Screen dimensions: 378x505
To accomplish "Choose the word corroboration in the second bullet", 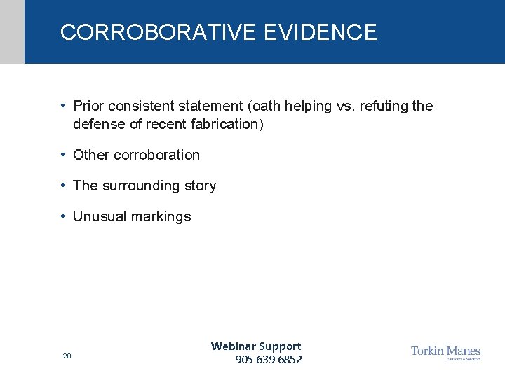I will pos(156,155).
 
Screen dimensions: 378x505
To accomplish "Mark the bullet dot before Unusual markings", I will pos(63,216).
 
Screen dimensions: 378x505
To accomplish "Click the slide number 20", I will pos(67,356).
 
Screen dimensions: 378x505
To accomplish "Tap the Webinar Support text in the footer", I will pos(256,346).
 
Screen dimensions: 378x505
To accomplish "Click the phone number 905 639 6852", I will pos(269,360).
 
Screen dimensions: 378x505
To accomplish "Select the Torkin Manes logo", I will pos(445,351).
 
